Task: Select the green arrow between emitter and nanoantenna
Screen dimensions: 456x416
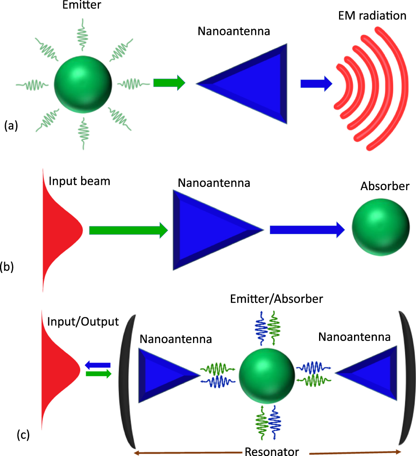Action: [168, 83]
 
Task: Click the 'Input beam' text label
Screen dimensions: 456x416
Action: [79, 181]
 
